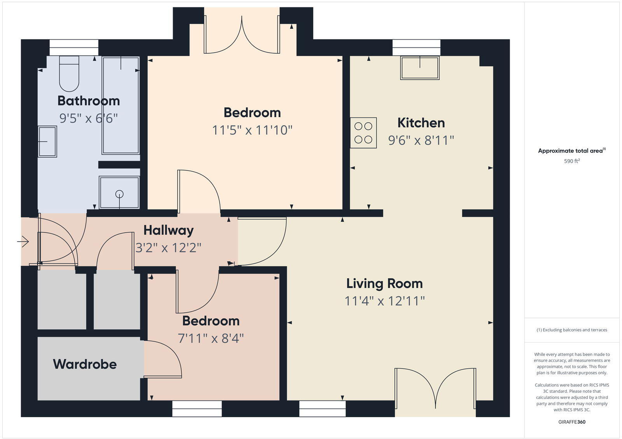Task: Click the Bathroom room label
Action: coord(89,101)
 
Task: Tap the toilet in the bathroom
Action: coord(69,74)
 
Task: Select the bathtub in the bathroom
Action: coord(121,105)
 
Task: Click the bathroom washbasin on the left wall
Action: coord(47,142)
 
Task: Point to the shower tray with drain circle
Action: coord(119,193)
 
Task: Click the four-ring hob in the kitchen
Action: coord(363,133)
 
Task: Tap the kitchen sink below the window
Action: coord(420,68)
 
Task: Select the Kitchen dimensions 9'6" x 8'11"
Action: coord(421,140)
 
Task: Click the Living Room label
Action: coord(384,283)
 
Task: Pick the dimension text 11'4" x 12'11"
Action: coord(384,301)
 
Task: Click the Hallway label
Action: coord(168,230)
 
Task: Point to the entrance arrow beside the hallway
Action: coord(23,242)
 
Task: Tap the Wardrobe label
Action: coord(85,364)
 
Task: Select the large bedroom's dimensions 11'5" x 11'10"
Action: coord(252,130)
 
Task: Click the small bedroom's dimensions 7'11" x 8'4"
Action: coord(211,338)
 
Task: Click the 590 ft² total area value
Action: coord(571,161)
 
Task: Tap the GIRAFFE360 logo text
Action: coord(571,422)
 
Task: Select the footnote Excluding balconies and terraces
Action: coord(571,330)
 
